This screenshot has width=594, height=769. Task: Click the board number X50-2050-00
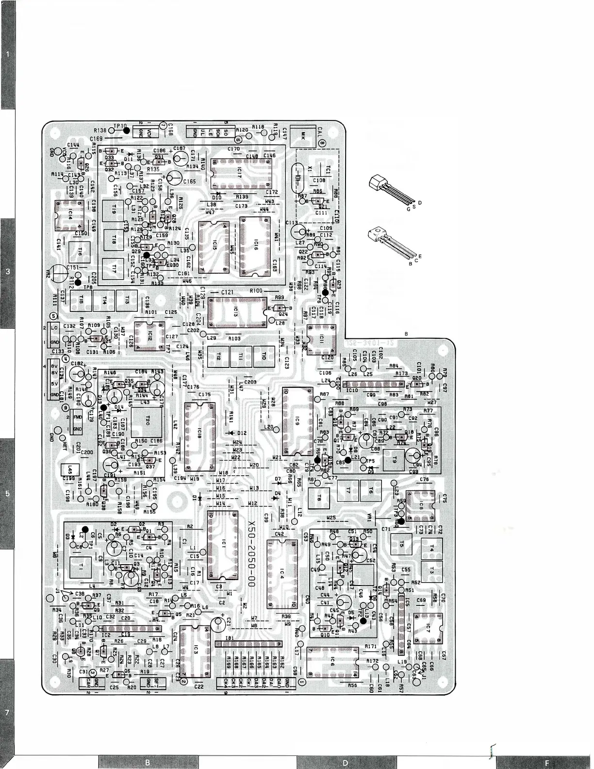[251, 554]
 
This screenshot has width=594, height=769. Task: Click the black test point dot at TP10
[126, 130]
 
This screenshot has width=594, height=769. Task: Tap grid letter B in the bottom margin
[148, 762]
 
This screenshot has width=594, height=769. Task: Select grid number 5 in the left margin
[7, 494]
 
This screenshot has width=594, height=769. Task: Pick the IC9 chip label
[297, 421]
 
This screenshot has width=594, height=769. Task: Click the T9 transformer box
[394, 459]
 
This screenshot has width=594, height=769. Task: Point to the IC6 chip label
[332, 661]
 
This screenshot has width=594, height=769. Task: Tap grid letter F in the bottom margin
[546, 762]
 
